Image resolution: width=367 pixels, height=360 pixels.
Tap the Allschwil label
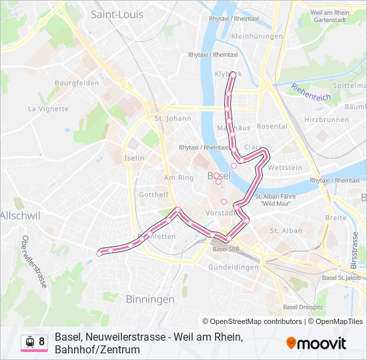click(20, 215)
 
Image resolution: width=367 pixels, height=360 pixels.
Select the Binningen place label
click(149, 299)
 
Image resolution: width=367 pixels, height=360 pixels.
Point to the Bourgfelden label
click(77, 83)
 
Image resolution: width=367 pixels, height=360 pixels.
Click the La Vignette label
click(48, 108)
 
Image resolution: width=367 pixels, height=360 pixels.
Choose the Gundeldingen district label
click(233, 267)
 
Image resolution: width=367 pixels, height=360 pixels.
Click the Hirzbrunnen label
click(326, 119)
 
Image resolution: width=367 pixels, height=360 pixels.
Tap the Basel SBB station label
click(225, 249)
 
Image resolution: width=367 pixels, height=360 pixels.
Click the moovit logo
click(316, 343)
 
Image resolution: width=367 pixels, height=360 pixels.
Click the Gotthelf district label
click(152, 194)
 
